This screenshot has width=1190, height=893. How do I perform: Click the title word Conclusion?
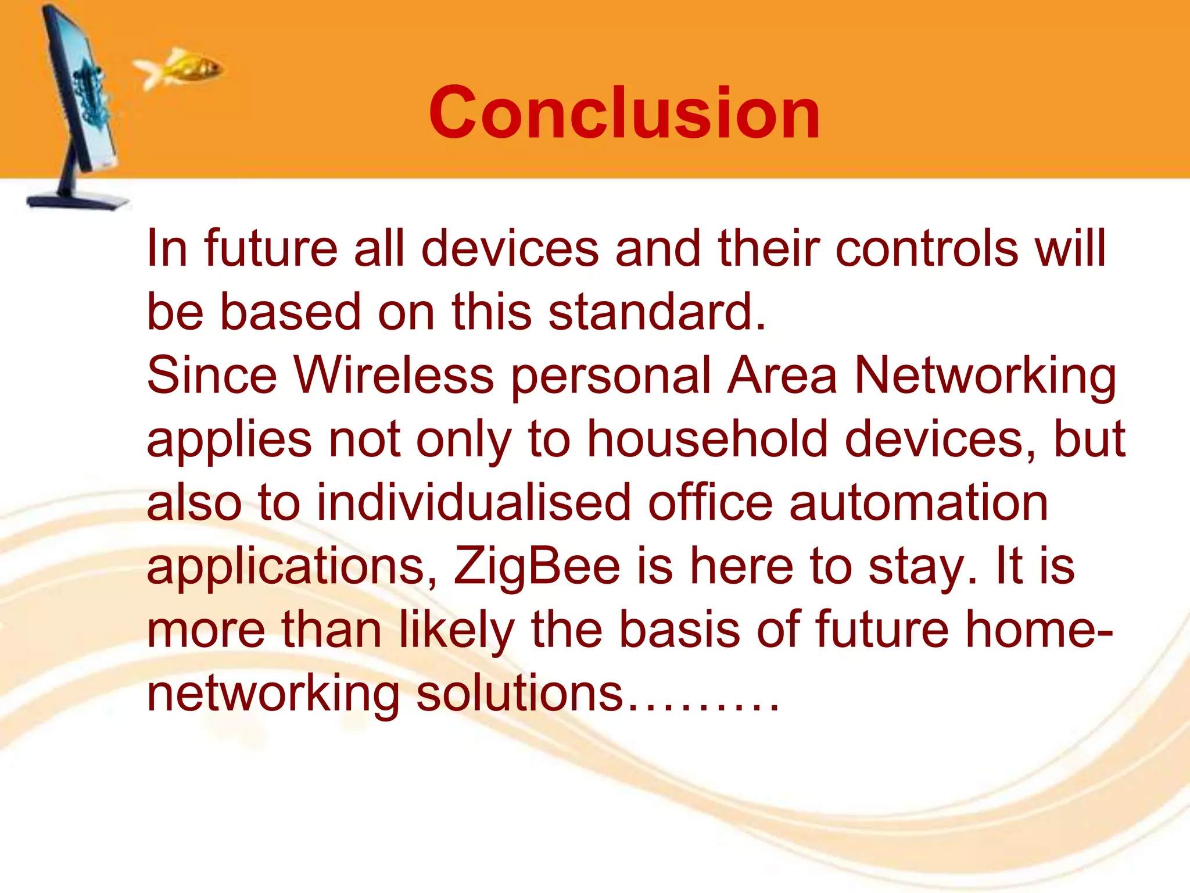[624, 113]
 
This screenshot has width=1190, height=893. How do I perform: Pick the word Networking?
[985, 376]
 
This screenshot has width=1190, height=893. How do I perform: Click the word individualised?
[474, 502]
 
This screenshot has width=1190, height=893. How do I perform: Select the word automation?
[919, 502]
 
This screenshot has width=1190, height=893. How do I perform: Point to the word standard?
[657, 312]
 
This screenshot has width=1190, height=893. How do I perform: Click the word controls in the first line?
[927, 249]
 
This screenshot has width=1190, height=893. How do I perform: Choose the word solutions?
[519, 694]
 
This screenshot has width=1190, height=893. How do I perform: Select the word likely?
[457, 630]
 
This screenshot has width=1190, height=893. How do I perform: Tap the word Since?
[212, 376]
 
